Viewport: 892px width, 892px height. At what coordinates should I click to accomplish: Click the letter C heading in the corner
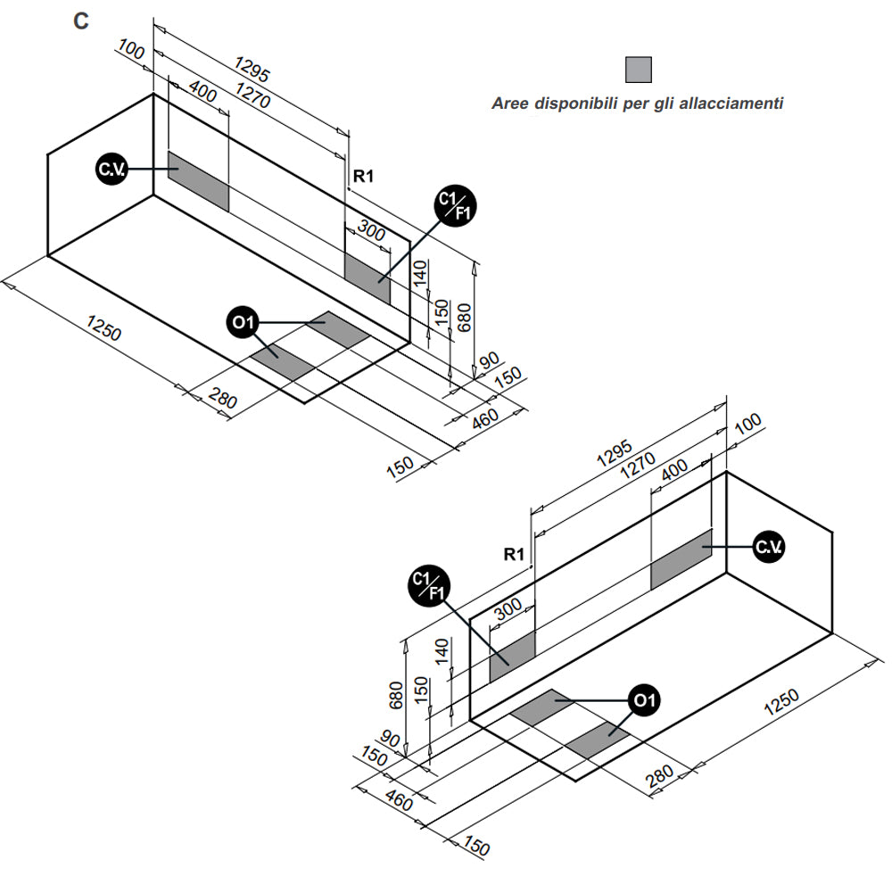click(81, 21)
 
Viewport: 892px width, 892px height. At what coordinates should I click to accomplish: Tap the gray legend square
click(638, 70)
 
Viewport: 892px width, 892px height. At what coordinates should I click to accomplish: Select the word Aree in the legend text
click(509, 103)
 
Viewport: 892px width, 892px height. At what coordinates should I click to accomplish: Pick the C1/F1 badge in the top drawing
click(455, 208)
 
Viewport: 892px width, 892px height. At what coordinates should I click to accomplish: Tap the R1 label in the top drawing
click(363, 177)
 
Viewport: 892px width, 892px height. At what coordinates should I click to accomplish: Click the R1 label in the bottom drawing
click(514, 554)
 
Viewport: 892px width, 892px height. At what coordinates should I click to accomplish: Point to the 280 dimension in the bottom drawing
click(661, 777)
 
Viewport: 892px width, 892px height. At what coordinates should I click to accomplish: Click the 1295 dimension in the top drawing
click(252, 69)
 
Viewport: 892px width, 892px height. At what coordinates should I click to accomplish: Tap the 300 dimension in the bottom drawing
click(507, 609)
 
